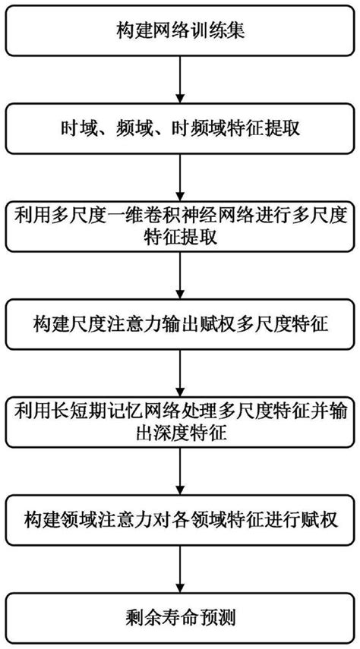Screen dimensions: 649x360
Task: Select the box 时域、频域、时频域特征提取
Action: (180, 130)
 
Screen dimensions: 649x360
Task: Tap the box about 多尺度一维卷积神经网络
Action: (180, 225)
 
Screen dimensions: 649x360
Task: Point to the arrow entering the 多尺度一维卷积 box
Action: (180, 178)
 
